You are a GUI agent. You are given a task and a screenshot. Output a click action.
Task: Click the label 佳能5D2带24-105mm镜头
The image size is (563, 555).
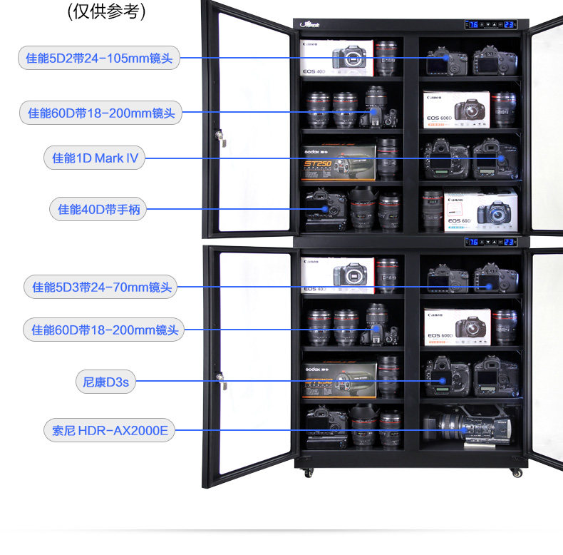click(x=99, y=58)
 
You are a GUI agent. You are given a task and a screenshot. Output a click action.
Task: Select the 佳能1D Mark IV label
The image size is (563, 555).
click(x=95, y=158)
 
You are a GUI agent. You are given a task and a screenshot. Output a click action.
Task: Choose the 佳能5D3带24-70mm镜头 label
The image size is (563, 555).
click(x=101, y=287)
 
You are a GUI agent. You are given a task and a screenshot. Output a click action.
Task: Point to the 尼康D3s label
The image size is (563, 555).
click(x=105, y=382)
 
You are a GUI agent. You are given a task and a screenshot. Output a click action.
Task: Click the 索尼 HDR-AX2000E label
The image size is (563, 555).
click(x=109, y=430)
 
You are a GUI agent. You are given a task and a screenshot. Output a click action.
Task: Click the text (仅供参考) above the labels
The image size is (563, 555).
click(x=106, y=12)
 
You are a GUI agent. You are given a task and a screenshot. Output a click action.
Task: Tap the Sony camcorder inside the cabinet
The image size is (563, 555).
click(x=467, y=428)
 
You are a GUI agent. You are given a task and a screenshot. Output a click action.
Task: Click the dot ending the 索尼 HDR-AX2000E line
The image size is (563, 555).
click(x=464, y=430)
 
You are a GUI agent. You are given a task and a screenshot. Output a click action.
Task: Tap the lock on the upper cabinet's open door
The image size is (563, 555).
click(x=221, y=136)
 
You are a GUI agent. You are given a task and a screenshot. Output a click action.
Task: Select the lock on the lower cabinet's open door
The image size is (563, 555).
click(x=221, y=380)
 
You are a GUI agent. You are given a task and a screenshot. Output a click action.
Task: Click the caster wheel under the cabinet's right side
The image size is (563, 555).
click(x=516, y=472)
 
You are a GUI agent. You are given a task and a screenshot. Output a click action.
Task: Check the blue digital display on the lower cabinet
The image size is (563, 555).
click(x=491, y=242)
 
